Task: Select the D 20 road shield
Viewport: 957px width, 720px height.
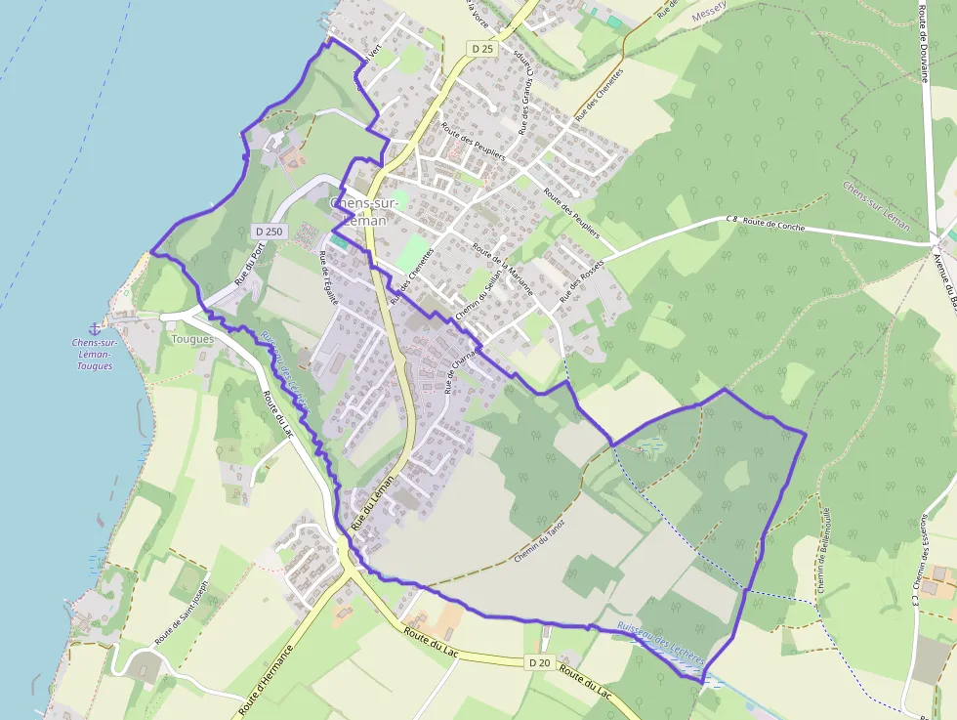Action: pos(539,663)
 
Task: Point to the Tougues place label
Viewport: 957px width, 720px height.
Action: pos(192,339)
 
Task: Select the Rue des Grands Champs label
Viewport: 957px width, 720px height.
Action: pos(527,92)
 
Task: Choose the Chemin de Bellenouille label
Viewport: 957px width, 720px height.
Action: pos(823,551)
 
